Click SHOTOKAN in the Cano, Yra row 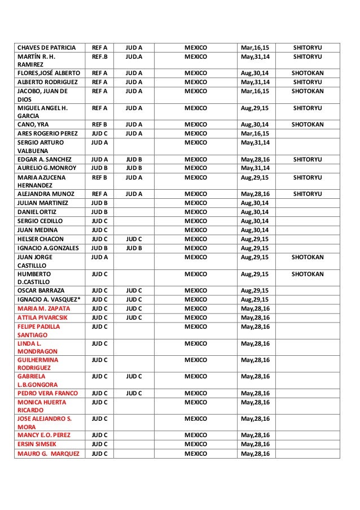point(308,124)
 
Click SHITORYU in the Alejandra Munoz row point(308,194)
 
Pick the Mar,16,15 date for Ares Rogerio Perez point(254,133)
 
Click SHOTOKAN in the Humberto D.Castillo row point(308,274)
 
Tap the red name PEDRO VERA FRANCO point(46,393)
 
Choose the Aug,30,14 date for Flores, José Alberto point(254,73)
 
